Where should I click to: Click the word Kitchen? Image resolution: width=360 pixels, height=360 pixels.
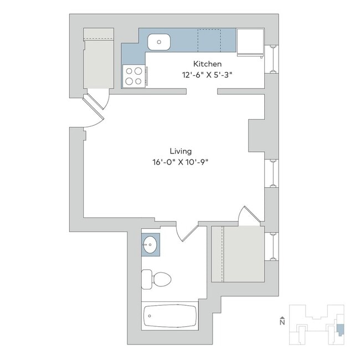click(207, 64)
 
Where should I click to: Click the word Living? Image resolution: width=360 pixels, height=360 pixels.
click(181, 151)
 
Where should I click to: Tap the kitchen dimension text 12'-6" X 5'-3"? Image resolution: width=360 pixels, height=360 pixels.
click(207, 75)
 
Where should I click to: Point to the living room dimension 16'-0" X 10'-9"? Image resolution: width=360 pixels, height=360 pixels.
click(181, 162)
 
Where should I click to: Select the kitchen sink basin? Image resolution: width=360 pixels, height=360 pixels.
click(159, 42)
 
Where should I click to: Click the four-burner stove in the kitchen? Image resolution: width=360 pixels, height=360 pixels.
click(134, 76)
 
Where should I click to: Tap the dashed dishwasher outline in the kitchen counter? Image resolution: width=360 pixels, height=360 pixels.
click(209, 40)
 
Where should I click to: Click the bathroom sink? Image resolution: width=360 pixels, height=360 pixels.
click(150, 245)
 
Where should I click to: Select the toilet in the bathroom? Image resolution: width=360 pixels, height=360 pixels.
click(156, 279)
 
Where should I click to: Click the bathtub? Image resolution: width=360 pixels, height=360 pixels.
click(170, 316)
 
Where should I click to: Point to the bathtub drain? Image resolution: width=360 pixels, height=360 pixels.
click(150, 316)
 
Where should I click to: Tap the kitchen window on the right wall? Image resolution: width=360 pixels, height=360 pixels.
click(271, 59)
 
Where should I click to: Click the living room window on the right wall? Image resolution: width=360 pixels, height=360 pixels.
click(271, 173)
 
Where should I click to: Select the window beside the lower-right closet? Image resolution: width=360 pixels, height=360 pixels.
click(271, 246)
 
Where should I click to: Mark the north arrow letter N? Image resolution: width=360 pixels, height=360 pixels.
click(282, 322)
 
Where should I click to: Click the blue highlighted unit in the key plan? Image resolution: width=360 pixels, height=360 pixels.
click(340, 330)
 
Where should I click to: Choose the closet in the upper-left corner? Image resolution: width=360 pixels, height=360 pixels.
click(99, 58)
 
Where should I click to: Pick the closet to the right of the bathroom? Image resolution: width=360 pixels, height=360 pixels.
click(238, 254)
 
